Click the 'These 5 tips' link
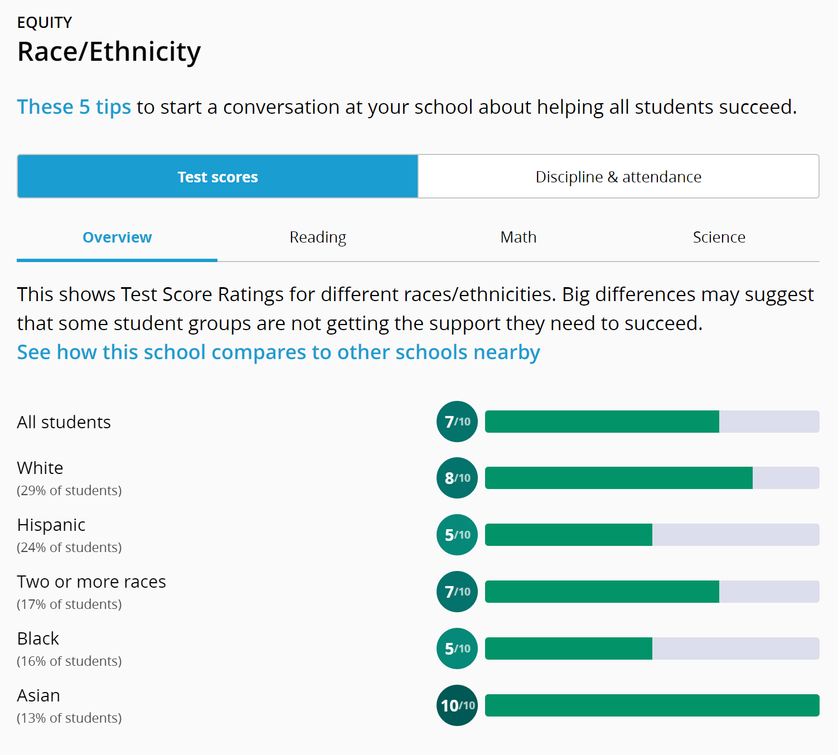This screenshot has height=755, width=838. point(74,107)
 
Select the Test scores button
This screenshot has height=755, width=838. point(217,177)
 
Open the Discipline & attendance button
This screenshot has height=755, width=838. point(618,177)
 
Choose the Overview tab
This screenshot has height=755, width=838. point(117,238)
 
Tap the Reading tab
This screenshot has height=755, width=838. point(318,238)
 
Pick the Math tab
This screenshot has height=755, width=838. point(519,238)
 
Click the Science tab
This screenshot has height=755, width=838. point(719,238)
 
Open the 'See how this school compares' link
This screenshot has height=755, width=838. point(278,352)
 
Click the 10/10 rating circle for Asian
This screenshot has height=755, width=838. point(457,705)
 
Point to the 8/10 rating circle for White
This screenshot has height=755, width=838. point(457,478)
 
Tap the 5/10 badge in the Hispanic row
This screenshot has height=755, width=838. point(457,535)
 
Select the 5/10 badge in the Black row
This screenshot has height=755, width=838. point(457,648)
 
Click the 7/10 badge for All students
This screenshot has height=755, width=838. point(457,422)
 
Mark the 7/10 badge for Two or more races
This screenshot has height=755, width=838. point(457,592)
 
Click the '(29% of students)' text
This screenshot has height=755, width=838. point(69,491)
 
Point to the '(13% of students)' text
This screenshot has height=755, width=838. point(69,718)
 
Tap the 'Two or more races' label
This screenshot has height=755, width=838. point(91,582)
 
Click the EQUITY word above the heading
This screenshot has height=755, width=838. point(45,22)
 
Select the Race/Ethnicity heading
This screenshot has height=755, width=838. point(109,52)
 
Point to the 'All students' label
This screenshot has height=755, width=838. point(64,422)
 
